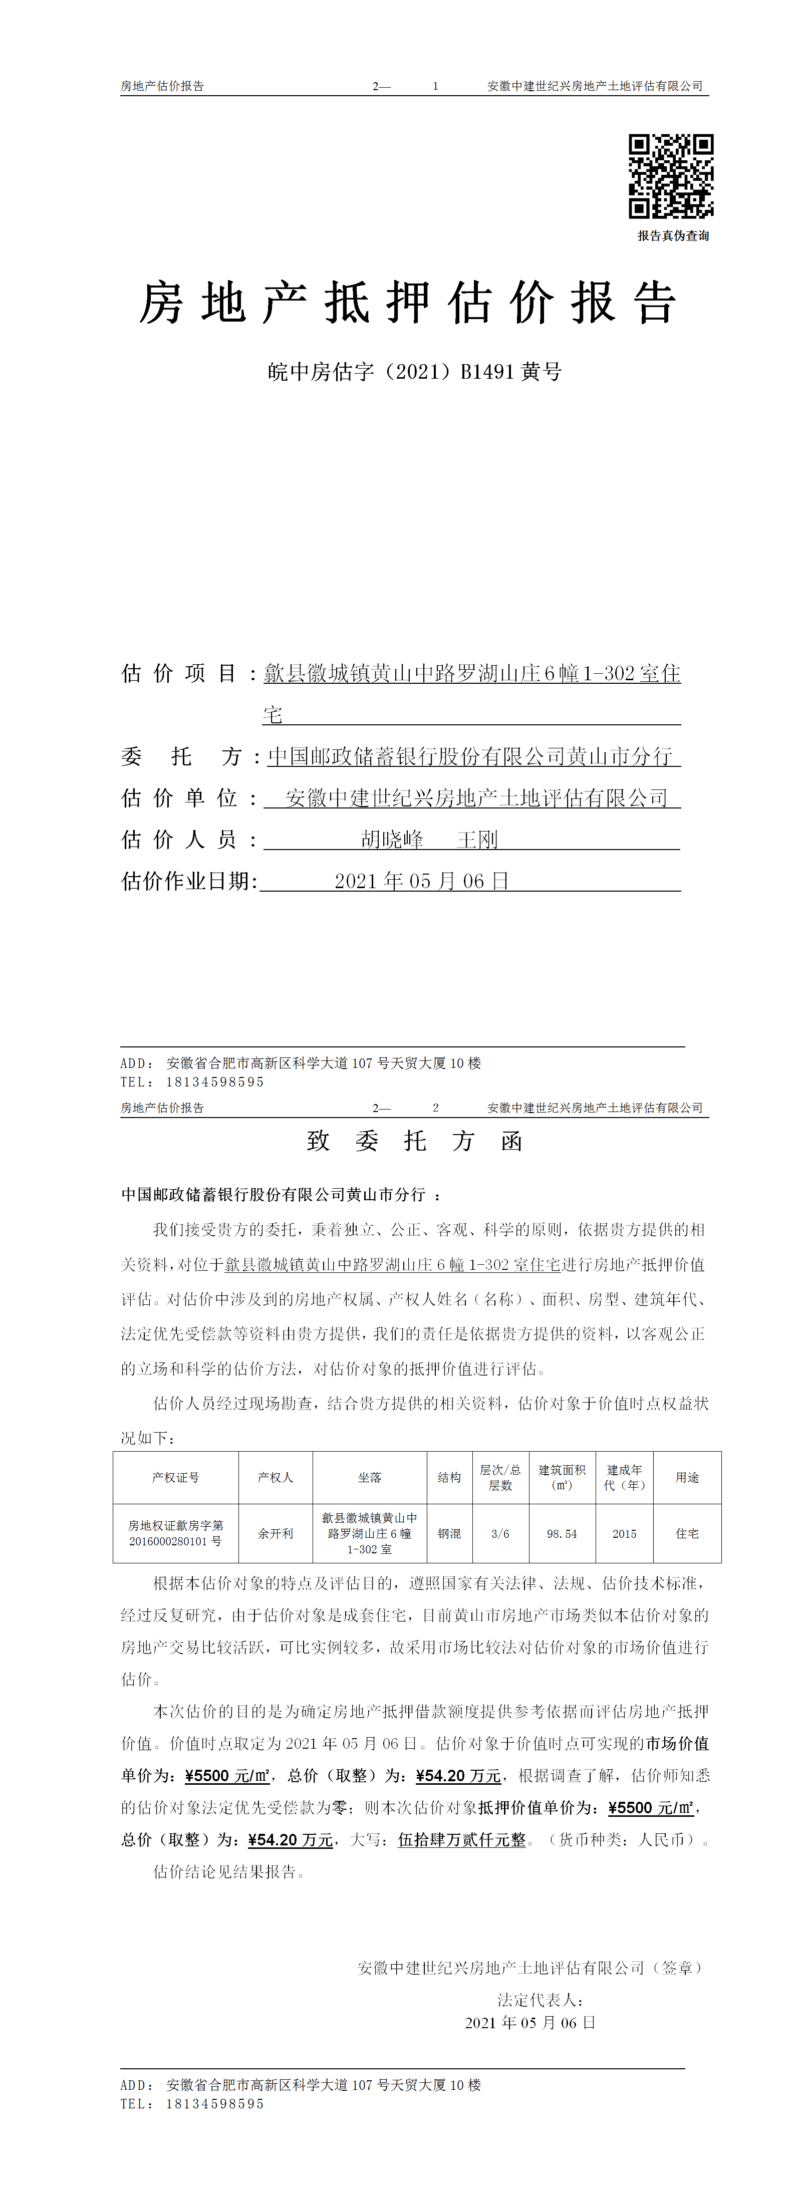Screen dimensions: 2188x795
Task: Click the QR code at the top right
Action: [x=670, y=176]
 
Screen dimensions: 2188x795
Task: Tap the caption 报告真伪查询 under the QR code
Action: [x=673, y=236]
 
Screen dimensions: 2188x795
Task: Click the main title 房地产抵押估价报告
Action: [x=408, y=303]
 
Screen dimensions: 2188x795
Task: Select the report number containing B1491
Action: [x=414, y=372]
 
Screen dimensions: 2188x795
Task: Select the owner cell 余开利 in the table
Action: [x=275, y=1533]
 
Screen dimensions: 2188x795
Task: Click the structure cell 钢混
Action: [x=449, y=1533]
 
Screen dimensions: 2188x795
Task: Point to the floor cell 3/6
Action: [x=500, y=1533]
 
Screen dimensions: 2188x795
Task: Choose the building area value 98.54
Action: [x=562, y=1533]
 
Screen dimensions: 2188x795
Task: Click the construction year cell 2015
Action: [x=624, y=1533]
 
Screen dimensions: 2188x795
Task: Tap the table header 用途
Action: [x=687, y=1477]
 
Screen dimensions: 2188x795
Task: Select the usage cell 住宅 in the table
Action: [x=687, y=1533]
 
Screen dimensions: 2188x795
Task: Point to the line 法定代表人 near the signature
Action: [x=540, y=2000]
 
